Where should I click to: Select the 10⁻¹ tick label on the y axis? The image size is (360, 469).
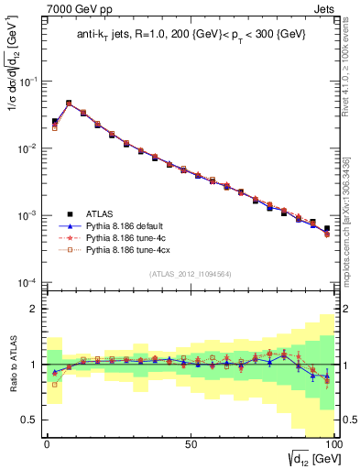point(27,82)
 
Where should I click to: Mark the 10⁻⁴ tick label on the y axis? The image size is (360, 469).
point(27,282)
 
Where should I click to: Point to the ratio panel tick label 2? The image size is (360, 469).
point(33,310)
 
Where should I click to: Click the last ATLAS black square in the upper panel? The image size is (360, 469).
point(327,228)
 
